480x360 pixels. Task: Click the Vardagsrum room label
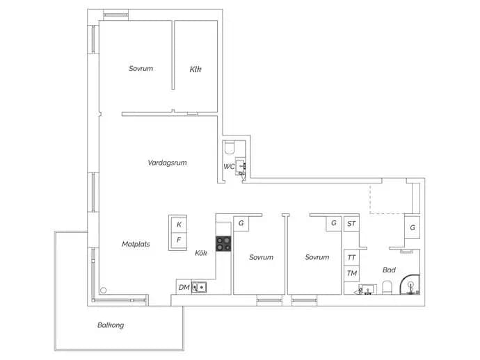click(167, 163)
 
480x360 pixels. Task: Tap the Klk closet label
click(195, 69)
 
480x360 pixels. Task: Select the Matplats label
click(136, 244)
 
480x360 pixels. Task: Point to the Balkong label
click(111, 325)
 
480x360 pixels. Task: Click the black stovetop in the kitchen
click(223, 243)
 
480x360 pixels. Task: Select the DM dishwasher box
click(184, 287)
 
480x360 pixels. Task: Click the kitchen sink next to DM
click(199, 288)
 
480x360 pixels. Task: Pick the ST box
click(351, 224)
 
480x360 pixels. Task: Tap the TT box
click(351, 258)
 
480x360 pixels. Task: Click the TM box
click(351, 273)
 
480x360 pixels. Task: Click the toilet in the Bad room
click(387, 288)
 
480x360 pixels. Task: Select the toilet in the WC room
click(229, 147)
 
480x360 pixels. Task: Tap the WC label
click(229, 167)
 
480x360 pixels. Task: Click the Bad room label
click(389, 270)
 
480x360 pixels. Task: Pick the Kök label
click(201, 253)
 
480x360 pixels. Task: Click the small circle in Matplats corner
click(104, 291)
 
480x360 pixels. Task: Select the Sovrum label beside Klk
click(141, 69)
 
